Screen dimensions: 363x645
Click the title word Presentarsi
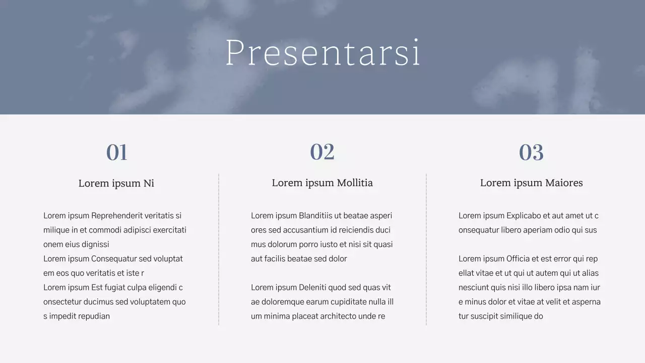point(322,52)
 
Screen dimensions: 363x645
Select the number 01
point(116,152)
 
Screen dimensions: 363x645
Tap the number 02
point(322,152)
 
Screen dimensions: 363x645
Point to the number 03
point(531,152)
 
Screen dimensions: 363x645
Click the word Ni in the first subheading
point(149,184)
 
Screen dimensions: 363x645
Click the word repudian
point(94,316)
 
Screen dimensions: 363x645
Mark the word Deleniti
point(315,287)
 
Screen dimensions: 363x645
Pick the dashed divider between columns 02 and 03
point(426,250)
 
